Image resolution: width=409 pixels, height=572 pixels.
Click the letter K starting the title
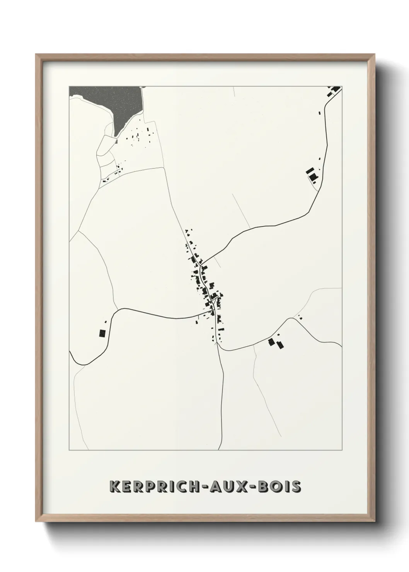pyautogui.click(x=114, y=487)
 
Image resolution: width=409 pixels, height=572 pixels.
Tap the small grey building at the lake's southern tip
pyautogui.click(x=116, y=141)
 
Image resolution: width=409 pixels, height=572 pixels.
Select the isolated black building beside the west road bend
pyautogui.click(x=102, y=333)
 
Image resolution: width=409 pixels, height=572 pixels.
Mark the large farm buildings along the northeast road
pyautogui.click(x=312, y=174)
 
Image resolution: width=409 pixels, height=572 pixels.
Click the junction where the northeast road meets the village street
pyautogui.click(x=201, y=264)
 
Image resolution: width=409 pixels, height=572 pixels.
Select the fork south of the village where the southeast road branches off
pyautogui.click(x=218, y=345)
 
